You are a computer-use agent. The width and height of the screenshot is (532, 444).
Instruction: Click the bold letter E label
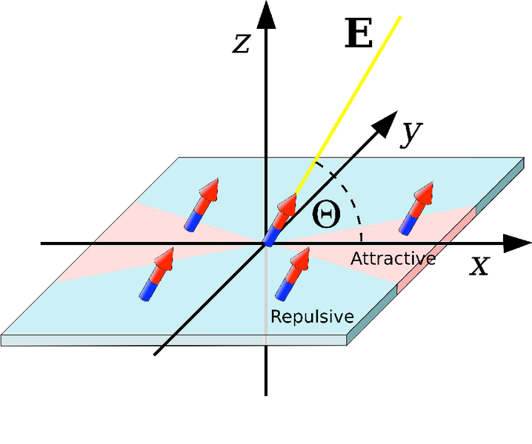click(359, 35)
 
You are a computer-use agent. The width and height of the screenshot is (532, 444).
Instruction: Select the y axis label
click(408, 133)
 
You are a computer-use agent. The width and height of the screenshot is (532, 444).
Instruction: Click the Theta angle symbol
click(326, 215)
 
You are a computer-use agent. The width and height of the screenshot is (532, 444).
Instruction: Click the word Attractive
click(392, 259)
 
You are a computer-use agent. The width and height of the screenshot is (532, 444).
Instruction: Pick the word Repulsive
click(311, 317)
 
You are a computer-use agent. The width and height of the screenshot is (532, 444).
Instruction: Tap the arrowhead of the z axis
click(266, 13)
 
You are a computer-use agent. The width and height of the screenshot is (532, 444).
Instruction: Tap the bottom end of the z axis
click(266, 391)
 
